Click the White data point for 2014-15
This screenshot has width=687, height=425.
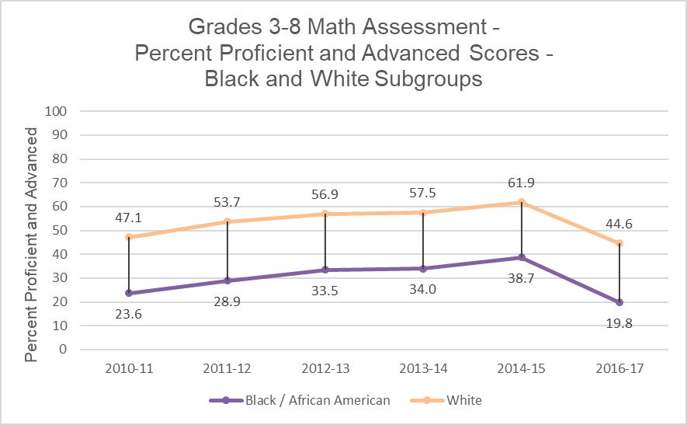coord(522,202)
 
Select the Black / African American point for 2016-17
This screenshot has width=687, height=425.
coord(619,302)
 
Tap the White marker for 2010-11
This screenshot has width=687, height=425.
coord(130,237)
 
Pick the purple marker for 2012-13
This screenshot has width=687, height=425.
coord(325,270)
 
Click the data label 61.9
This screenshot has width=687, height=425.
coord(522,183)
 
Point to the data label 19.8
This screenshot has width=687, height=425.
coord(619,324)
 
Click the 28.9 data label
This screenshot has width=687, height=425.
coord(227,300)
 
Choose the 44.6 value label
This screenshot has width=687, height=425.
coord(619,225)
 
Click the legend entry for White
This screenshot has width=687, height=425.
coord(463,401)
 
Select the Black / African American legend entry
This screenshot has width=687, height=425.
coord(317,401)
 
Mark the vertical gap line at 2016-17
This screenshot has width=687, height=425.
coord(619,273)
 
